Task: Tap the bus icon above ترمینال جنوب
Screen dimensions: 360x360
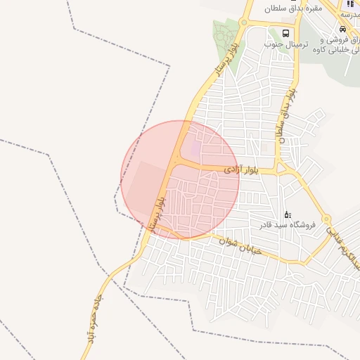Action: pyautogui.click(x=285, y=32)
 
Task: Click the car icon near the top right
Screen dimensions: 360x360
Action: pyautogui.click(x=342, y=30)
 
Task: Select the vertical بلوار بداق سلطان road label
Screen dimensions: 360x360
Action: pyautogui.click(x=287, y=116)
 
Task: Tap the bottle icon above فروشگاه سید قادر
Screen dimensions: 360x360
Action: pyautogui.click(x=287, y=214)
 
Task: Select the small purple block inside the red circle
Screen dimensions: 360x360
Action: pyautogui.click(x=196, y=149)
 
